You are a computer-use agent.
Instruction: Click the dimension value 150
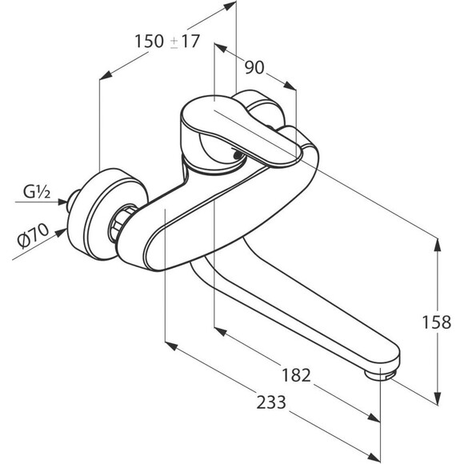149,41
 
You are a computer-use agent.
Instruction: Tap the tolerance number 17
190,41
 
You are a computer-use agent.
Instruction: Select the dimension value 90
254,68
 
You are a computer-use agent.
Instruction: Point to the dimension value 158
437,322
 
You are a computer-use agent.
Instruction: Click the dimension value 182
296,375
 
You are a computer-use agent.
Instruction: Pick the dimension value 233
271,402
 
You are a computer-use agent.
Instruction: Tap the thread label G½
37,192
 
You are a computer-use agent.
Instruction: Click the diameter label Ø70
33,235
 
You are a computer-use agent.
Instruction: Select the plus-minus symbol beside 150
174,42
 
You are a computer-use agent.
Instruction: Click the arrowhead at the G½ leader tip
63,202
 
